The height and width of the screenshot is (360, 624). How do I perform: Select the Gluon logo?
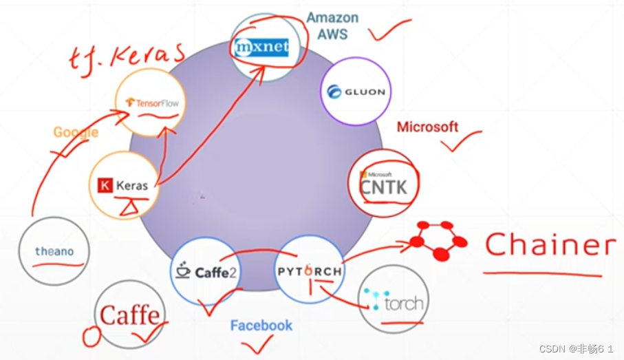[356, 92]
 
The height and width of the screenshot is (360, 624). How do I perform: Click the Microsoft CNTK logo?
[383, 183]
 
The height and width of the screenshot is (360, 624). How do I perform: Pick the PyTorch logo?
[310, 271]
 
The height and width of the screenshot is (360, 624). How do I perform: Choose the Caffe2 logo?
[205, 271]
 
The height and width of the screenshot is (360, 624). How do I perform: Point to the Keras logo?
[125, 185]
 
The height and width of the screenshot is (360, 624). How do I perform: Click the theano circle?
[54, 251]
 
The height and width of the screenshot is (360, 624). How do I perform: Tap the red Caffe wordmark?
[131, 315]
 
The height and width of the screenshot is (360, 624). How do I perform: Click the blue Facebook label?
[261, 326]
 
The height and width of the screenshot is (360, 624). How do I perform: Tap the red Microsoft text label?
[427, 127]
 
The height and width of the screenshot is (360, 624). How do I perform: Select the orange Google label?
[76, 132]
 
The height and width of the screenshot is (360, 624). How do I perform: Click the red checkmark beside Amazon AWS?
[389, 30]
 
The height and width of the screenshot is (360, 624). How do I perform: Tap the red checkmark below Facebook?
[258, 343]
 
